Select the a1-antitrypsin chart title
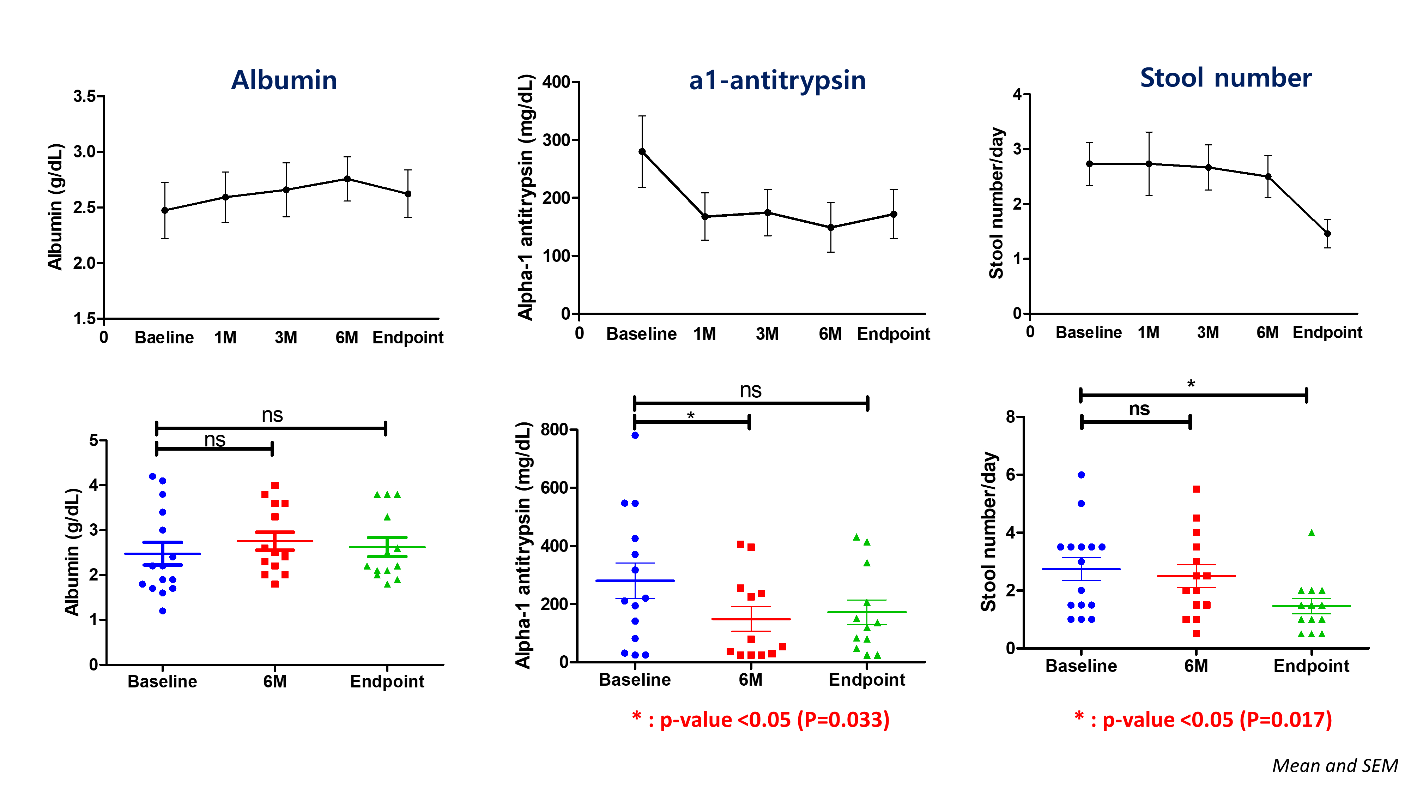777,80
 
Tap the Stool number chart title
1225,78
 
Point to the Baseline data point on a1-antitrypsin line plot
642,152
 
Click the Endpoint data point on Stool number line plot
1327,233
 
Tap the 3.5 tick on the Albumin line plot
85,96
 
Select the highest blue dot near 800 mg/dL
635,435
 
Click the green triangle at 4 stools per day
1311,533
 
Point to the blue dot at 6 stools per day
1081,475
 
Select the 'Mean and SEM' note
1334,765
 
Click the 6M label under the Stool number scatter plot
1196,666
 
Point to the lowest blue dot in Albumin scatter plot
163,611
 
